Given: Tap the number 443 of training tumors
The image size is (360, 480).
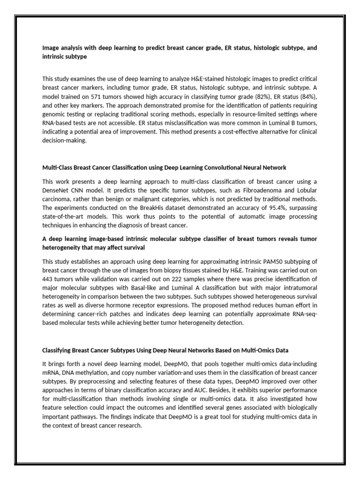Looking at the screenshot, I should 50,278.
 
